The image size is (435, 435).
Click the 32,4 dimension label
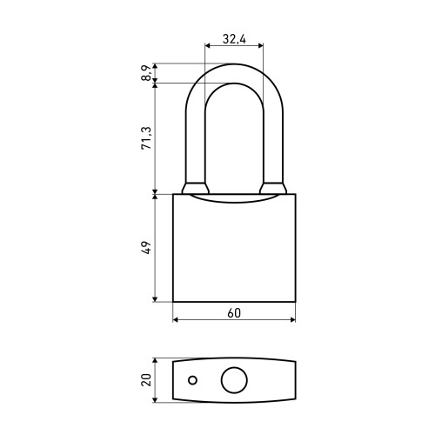[234, 39]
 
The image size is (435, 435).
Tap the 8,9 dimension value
[147, 73]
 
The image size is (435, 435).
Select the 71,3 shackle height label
[147, 138]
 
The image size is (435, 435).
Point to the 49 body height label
[147, 247]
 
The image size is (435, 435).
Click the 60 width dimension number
[234, 313]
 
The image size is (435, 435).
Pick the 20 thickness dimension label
[146, 379]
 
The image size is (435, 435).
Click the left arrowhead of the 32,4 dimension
[207, 45]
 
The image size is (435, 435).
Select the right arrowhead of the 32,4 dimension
[261, 45]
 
